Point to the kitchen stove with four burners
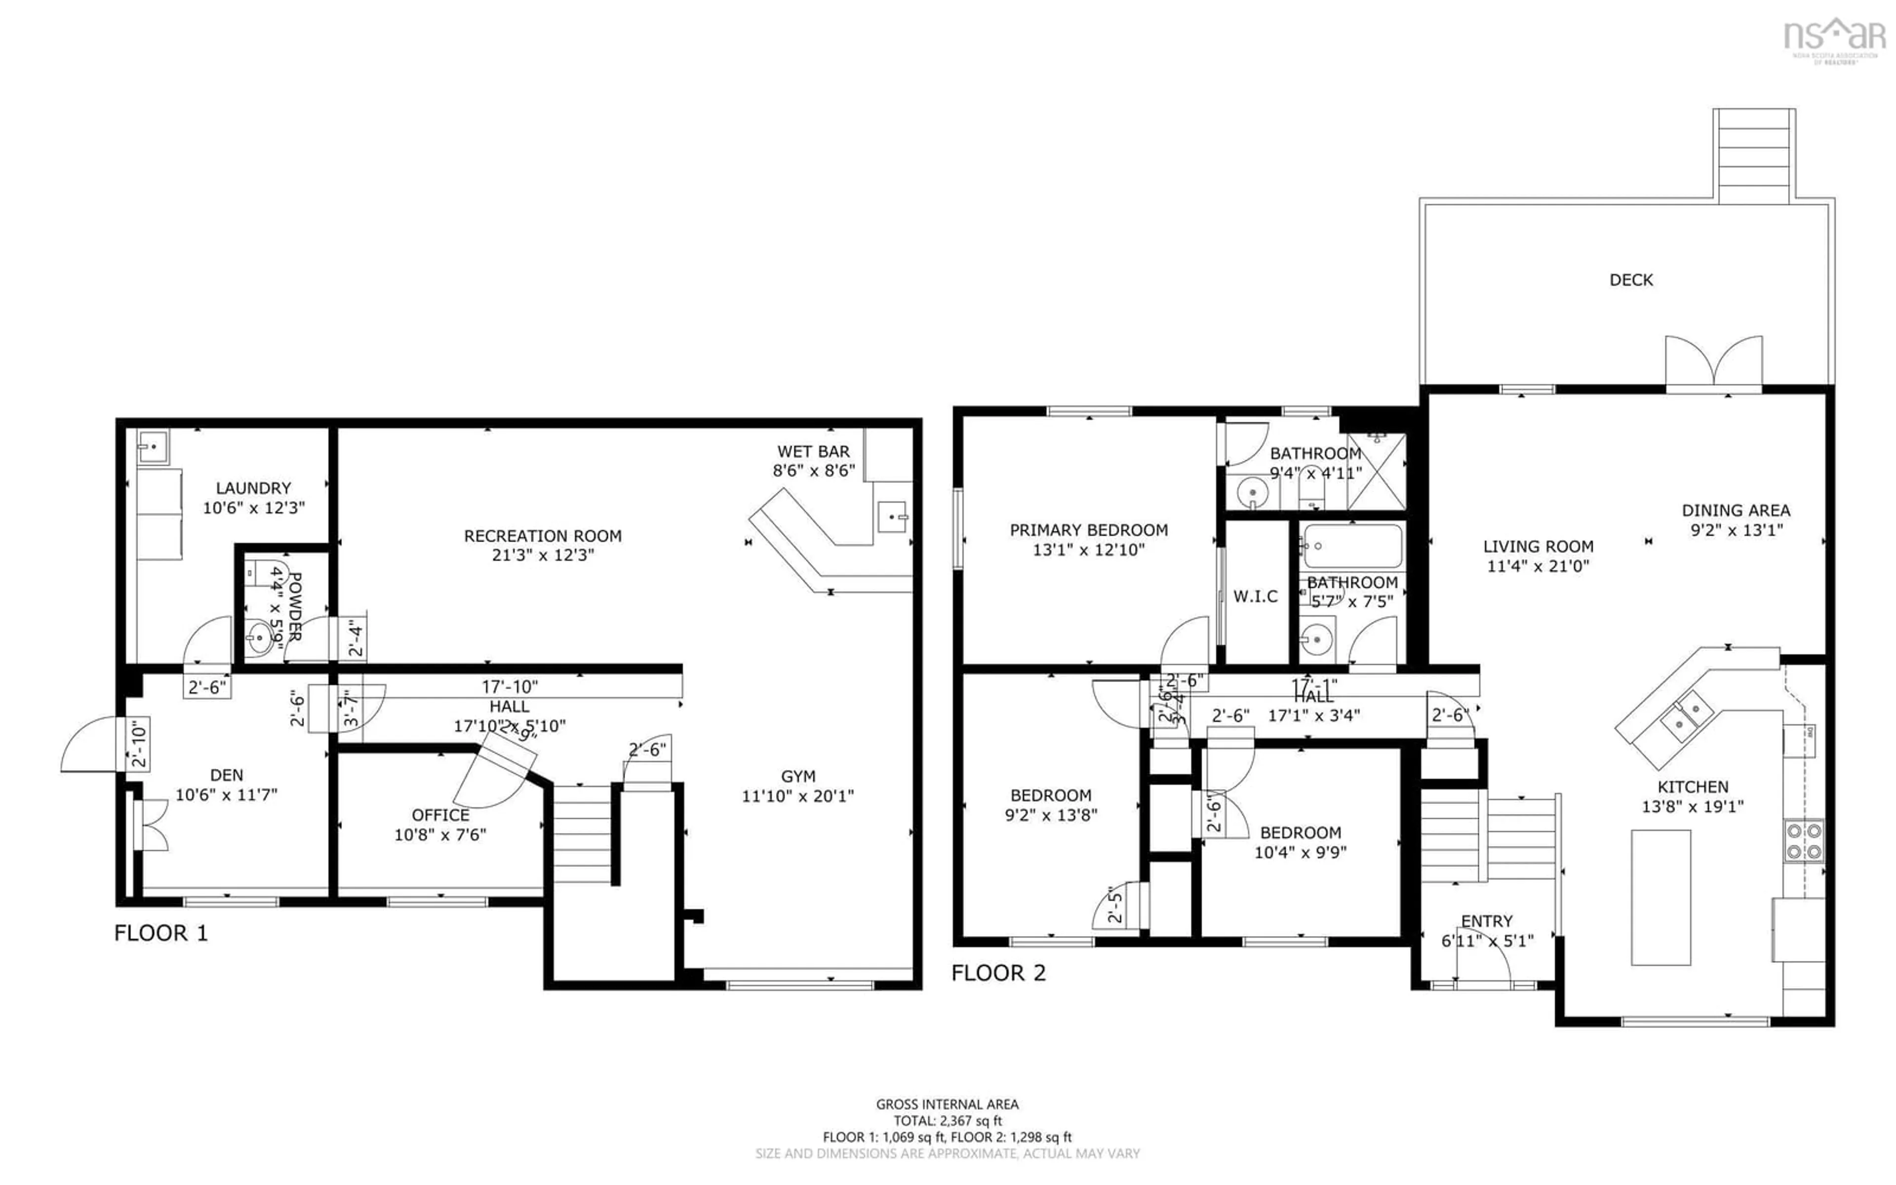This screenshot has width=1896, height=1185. tap(1804, 840)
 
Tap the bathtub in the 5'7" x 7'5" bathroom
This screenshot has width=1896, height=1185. tap(1352, 546)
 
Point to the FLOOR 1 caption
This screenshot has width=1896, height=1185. tap(161, 933)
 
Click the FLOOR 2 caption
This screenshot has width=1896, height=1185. tap(998, 973)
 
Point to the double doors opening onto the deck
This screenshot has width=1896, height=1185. tap(1713, 364)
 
